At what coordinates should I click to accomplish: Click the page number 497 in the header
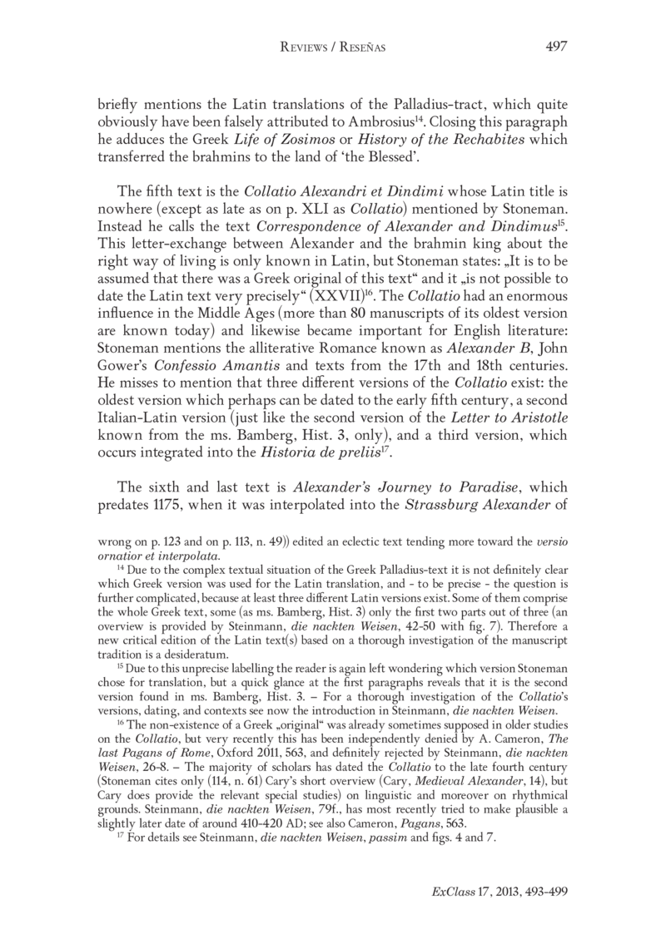[x=555, y=46]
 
